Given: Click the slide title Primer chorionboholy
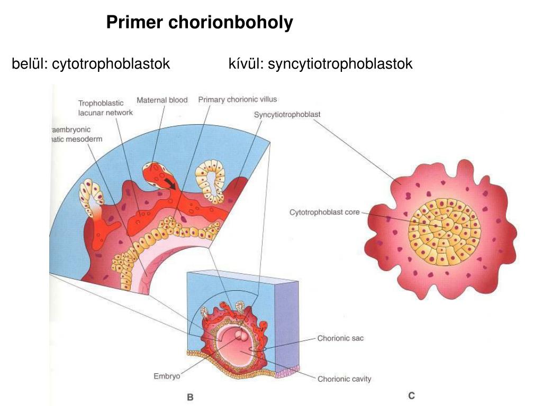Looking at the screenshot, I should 199,23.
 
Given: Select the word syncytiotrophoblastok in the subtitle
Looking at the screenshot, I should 340,64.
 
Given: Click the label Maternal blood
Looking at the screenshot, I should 162,100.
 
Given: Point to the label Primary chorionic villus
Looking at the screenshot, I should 237,99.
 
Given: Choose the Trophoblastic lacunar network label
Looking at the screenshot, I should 105,108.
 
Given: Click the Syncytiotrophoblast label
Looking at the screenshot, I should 287,114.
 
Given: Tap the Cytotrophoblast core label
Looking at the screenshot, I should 324,213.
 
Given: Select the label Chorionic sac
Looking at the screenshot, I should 340,338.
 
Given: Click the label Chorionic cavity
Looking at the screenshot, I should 344,379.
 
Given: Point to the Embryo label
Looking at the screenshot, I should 167,376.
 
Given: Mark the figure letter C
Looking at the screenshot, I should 411,395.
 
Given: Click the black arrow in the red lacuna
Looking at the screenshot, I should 169,183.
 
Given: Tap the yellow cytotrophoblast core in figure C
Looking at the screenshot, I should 444,232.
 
